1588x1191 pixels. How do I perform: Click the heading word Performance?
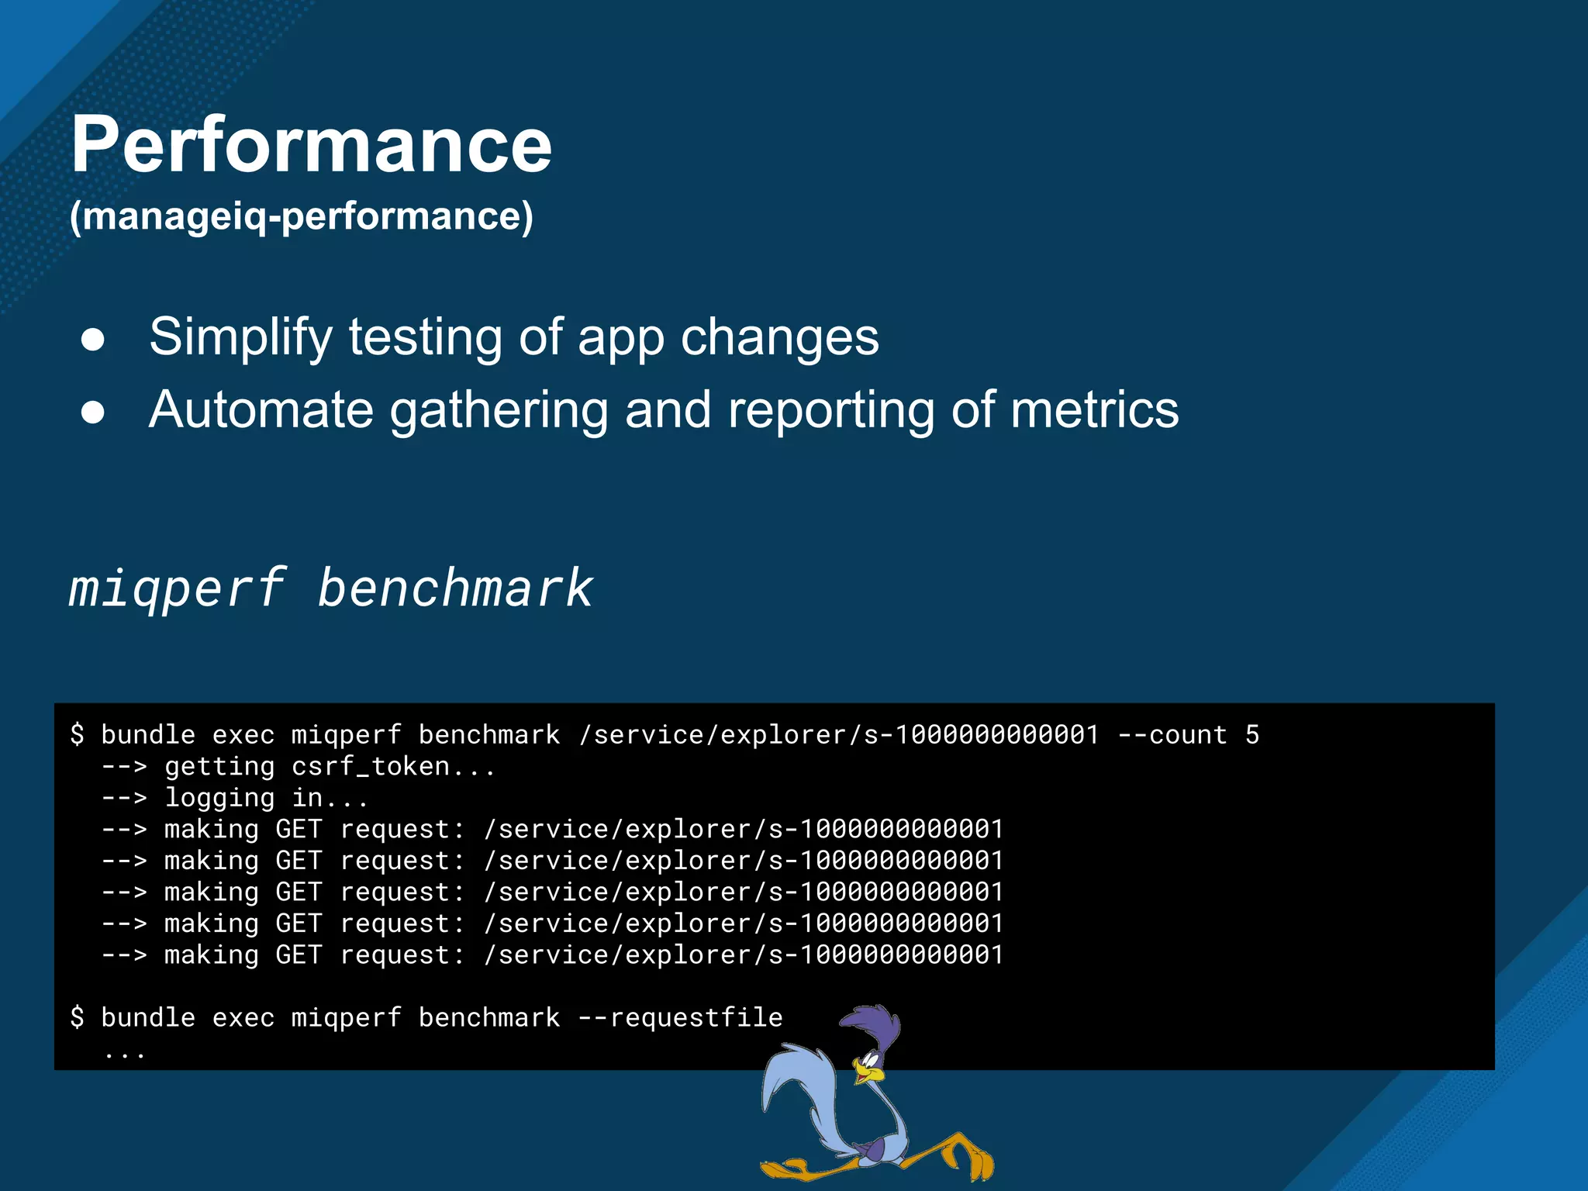tap(310, 146)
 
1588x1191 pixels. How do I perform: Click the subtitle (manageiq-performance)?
tap(301, 216)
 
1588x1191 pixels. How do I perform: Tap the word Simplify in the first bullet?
tap(240, 337)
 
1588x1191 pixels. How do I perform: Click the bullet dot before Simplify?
tap(93, 340)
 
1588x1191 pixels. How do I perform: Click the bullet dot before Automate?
tap(93, 413)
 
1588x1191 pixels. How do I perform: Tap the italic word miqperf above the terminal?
tap(177, 588)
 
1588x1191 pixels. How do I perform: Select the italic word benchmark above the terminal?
tap(455, 588)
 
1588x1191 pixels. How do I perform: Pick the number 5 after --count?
tap(1252, 734)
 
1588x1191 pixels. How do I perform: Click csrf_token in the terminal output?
tap(370, 767)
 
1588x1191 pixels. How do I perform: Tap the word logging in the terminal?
tap(219, 799)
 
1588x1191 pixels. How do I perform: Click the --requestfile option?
tap(681, 1017)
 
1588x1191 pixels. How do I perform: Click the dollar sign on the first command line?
tap(77, 734)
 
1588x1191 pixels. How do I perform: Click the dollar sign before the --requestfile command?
tap(77, 1017)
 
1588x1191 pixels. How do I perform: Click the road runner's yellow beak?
tap(870, 1073)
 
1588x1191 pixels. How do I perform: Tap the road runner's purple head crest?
tap(872, 1020)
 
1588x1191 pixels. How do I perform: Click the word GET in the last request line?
tap(299, 955)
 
